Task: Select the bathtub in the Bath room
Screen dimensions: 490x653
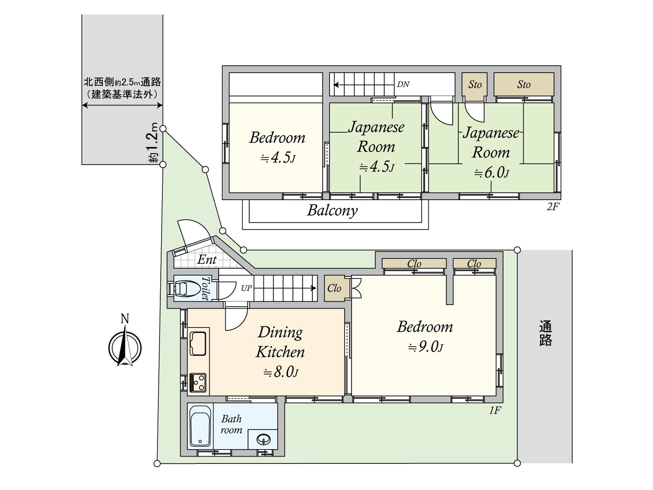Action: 200,426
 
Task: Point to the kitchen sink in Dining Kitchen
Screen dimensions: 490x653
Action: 198,343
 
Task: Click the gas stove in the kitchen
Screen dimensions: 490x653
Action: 198,383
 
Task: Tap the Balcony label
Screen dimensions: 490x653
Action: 332,211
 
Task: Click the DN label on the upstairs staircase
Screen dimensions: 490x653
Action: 403,85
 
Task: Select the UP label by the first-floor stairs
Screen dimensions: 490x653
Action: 246,288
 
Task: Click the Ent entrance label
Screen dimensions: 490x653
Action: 207,260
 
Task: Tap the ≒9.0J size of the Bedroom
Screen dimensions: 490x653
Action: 425,347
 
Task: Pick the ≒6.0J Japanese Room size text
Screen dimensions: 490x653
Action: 491,173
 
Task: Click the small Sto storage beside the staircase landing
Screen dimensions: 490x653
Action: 475,85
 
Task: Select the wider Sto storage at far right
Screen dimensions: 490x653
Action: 524,85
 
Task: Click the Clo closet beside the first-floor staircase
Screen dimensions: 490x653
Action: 334,288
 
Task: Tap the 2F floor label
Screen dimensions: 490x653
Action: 553,207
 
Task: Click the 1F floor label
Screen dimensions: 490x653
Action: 495,410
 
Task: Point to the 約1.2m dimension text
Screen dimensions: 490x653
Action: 153,143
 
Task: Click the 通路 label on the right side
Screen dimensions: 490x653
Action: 545,333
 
